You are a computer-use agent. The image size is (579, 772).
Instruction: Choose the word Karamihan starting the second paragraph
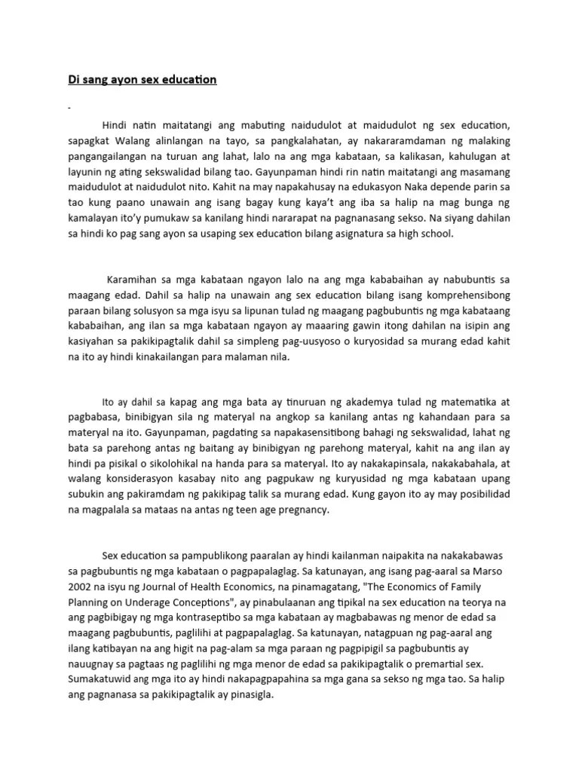134,278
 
